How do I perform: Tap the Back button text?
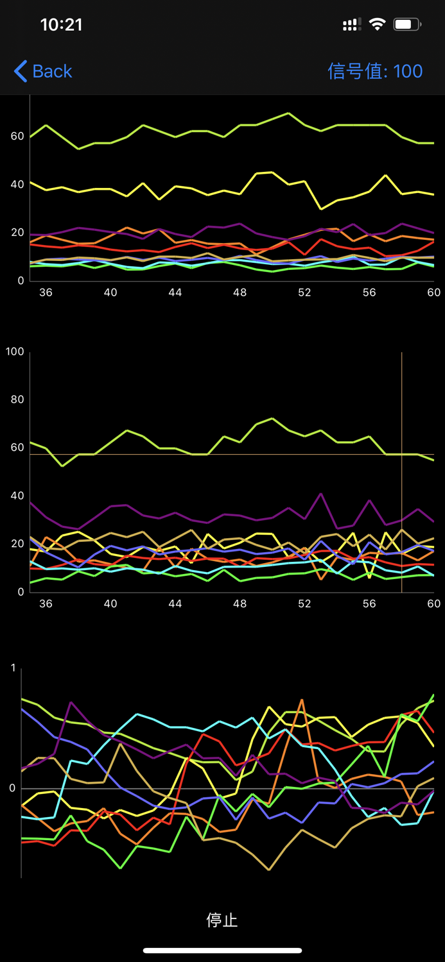52,71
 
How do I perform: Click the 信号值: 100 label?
375,71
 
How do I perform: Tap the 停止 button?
222,920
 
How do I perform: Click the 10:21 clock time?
61,24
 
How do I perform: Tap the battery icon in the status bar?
407,24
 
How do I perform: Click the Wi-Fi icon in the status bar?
378,24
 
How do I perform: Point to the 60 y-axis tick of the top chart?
17,136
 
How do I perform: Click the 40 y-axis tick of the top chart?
17,184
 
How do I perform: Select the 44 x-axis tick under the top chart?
175,292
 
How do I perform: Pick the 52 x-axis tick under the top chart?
304,292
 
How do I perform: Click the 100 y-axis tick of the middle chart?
15,351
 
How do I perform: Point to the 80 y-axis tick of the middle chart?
17,400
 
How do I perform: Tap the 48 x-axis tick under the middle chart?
240,603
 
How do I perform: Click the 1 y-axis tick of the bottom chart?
13,668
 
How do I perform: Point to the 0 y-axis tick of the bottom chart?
13,788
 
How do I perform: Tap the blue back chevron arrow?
21,71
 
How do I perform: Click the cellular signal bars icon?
351,24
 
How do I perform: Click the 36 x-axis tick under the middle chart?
46,603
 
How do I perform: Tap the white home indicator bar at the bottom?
222,950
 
